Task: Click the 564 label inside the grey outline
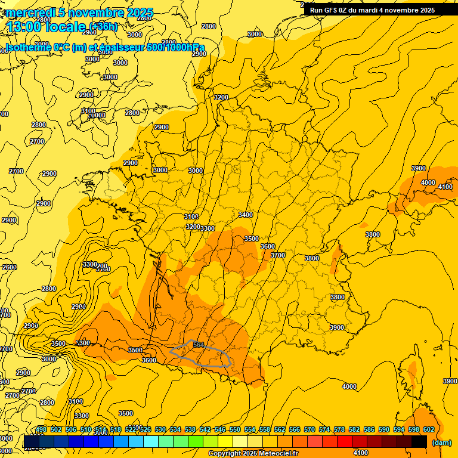point(199,345)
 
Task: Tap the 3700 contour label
point(278,255)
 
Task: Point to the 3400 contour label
point(245,215)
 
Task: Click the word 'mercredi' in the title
point(30,13)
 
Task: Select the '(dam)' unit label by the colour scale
point(442,442)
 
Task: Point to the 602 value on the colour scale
point(429,429)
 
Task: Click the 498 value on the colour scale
point(41,429)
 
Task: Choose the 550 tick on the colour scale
point(235,429)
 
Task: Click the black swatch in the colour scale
point(419,442)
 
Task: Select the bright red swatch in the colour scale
point(345,442)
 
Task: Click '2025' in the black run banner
point(426,10)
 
